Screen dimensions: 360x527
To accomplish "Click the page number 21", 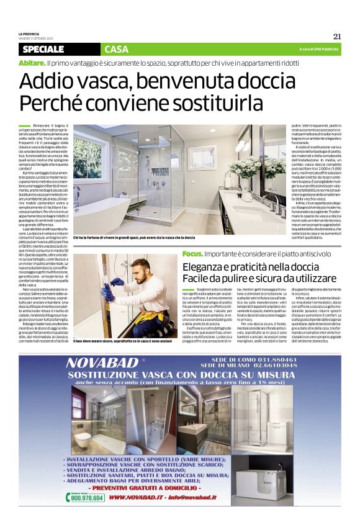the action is (337, 35).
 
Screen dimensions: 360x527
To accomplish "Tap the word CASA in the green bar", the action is (117, 49).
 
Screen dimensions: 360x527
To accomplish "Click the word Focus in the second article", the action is (192, 253).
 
